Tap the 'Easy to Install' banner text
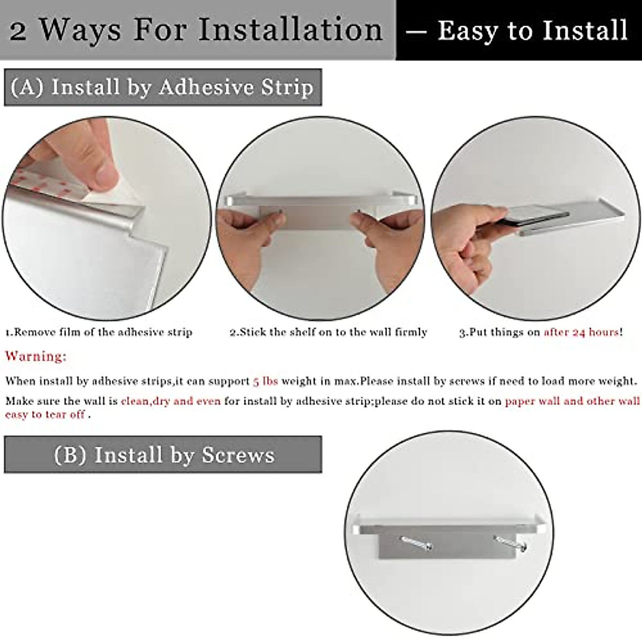(x=532, y=30)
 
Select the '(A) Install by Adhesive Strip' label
(x=162, y=87)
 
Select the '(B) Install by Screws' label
(x=164, y=455)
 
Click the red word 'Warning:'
(x=36, y=356)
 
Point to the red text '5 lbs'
(x=265, y=381)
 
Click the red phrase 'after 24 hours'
(x=581, y=332)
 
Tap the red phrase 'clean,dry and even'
(x=171, y=401)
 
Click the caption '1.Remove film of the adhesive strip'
(x=98, y=332)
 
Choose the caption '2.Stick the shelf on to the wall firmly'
(x=328, y=332)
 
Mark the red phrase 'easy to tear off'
(x=45, y=415)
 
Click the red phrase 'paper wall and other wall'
(x=572, y=401)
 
